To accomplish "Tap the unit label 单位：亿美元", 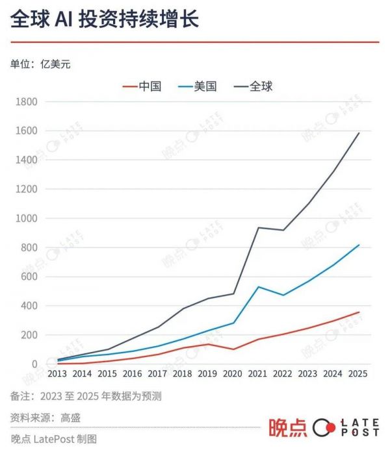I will tap(40, 64).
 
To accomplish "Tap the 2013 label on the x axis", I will tap(57, 374).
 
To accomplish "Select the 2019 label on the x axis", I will tap(208, 374).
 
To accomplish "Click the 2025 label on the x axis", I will tap(359, 374).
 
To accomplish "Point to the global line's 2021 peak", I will tap(259, 227).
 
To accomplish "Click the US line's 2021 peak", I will tap(259, 286).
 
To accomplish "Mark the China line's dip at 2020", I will tap(233, 349).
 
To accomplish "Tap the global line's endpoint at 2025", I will tap(359, 133).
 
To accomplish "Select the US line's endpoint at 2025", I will tap(359, 245).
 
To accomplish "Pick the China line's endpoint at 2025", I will tap(359, 312).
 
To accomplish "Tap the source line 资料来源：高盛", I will tap(45, 418).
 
